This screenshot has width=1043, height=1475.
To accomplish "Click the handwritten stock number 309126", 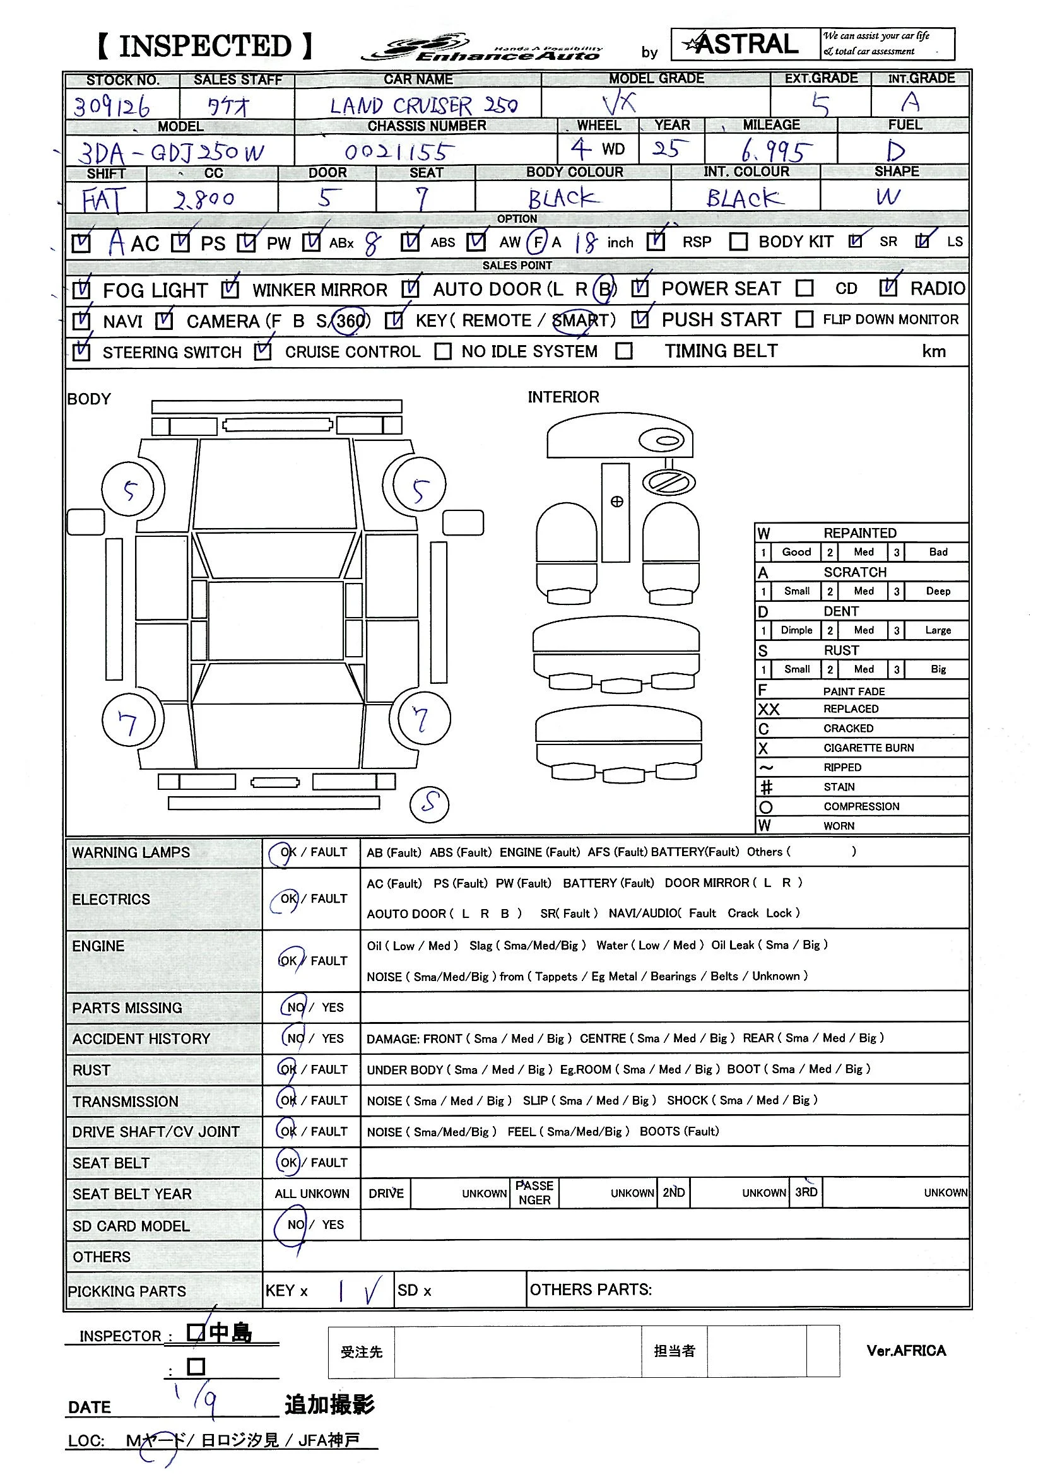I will pyautogui.click(x=112, y=106).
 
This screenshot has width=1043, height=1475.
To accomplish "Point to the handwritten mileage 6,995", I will pyautogui.click(x=774, y=151).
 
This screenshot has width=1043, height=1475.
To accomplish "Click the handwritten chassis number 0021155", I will pyautogui.click(x=399, y=152).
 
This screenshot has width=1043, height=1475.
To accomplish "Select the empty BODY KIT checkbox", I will pyautogui.click(x=738, y=242).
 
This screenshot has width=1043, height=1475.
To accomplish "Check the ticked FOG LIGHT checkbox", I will pyautogui.click(x=81, y=290).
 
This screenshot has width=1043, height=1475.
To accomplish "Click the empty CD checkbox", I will pyautogui.click(x=804, y=288).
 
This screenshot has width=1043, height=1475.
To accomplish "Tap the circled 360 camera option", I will pyautogui.click(x=350, y=320).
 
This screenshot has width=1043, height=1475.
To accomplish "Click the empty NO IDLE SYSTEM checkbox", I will pyautogui.click(x=443, y=351).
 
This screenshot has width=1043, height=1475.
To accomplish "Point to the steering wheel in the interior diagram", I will pyautogui.click(x=669, y=482).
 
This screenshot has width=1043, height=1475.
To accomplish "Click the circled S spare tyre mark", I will pyautogui.click(x=430, y=803).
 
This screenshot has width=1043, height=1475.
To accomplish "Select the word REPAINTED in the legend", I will pyautogui.click(x=859, y=532).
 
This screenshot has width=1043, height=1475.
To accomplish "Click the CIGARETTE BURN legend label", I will pyautogui.click(x=868, y=748).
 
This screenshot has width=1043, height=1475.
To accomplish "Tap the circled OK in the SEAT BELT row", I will pyautogui.click(x=288, y=1162).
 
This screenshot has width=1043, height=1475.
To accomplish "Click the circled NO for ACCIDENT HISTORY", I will pyautogui.click(x=295, y=1038).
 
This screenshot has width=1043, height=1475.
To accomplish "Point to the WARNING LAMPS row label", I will pyautogui.click(x=131, y=852).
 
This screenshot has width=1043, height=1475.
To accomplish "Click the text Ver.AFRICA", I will pyautogui.click(x=905, y=1350).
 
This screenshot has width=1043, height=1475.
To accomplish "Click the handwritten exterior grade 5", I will pyautogui.click(x=820, y=104).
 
